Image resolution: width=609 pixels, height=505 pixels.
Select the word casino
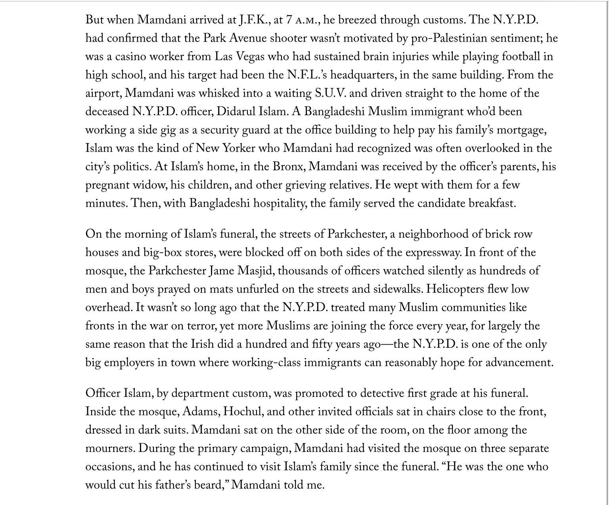point(130,56)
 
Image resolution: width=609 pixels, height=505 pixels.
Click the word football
point(521,56)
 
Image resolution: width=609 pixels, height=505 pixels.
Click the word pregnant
point(107,185)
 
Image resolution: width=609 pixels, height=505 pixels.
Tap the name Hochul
point(242,412)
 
